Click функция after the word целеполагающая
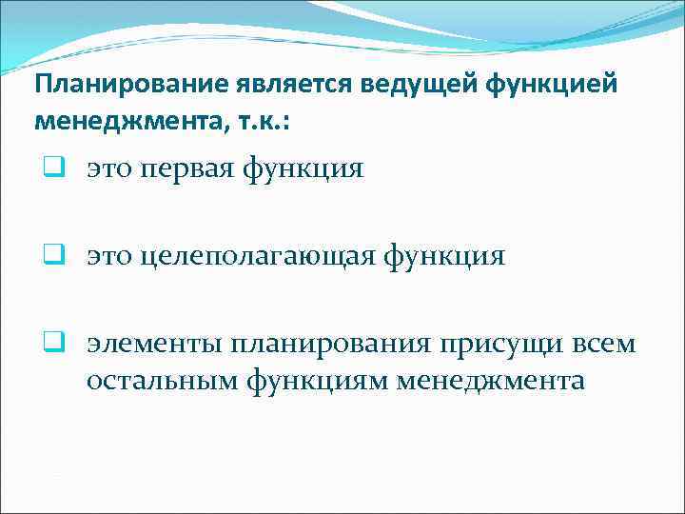tap(446, 256)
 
